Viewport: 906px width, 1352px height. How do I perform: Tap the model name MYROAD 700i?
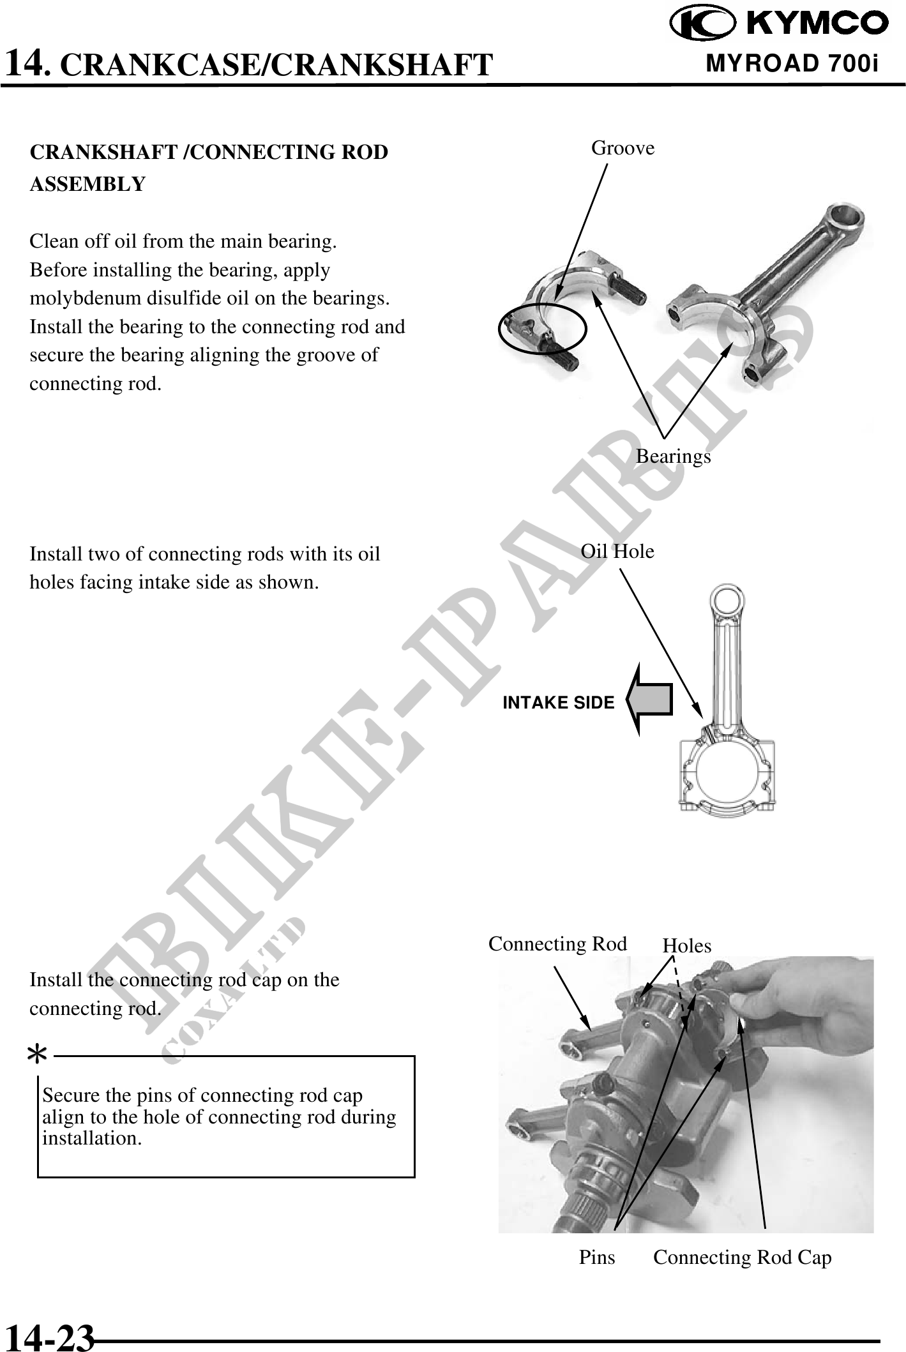[792, 63]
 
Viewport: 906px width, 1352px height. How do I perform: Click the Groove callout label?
[623, 148]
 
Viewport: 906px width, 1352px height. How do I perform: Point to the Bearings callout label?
[673, 456]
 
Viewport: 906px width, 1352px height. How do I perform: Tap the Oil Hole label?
[617, 551]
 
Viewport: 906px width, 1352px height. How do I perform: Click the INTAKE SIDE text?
[559, 703]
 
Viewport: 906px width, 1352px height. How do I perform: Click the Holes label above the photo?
[687, 945]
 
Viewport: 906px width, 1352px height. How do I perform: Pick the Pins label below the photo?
[597, 1258]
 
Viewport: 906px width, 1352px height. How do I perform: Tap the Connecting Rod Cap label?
[743, 1258]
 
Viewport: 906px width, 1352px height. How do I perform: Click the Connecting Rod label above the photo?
[557, 944]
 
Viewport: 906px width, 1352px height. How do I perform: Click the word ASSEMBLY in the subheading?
[88, 184]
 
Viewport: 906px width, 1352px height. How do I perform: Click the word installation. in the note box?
[92, 1138]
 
